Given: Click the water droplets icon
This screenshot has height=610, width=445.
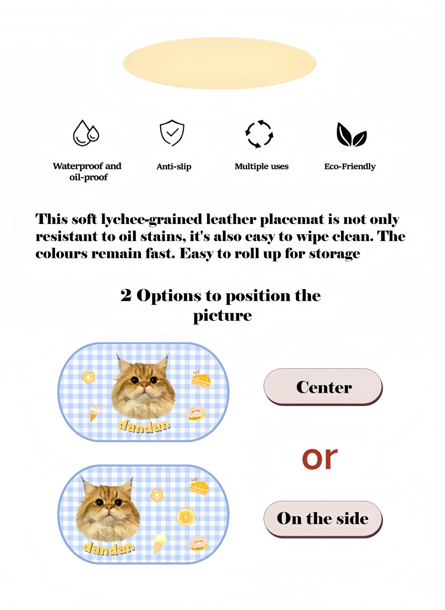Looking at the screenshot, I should (86, 133).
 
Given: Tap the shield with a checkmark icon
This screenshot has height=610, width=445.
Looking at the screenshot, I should (172, 133).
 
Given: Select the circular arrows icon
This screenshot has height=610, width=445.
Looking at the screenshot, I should (259, 134).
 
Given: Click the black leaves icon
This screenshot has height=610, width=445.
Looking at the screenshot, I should (351, 135).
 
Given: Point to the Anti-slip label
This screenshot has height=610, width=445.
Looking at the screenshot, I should (174, 167).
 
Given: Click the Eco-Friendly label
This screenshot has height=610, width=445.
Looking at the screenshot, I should (350, 167).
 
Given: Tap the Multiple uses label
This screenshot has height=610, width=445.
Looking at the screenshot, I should (261, 167).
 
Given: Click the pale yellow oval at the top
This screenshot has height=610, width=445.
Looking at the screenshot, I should (220, 63).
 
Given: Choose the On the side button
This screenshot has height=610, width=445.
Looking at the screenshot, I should (322, 518).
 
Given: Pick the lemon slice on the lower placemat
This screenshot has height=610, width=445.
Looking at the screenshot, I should (186, 517).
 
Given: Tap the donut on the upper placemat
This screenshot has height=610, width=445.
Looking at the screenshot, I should (196, 413).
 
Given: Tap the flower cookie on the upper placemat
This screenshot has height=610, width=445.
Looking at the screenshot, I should (88, 377).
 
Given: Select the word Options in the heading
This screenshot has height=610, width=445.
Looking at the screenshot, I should (168, 296).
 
